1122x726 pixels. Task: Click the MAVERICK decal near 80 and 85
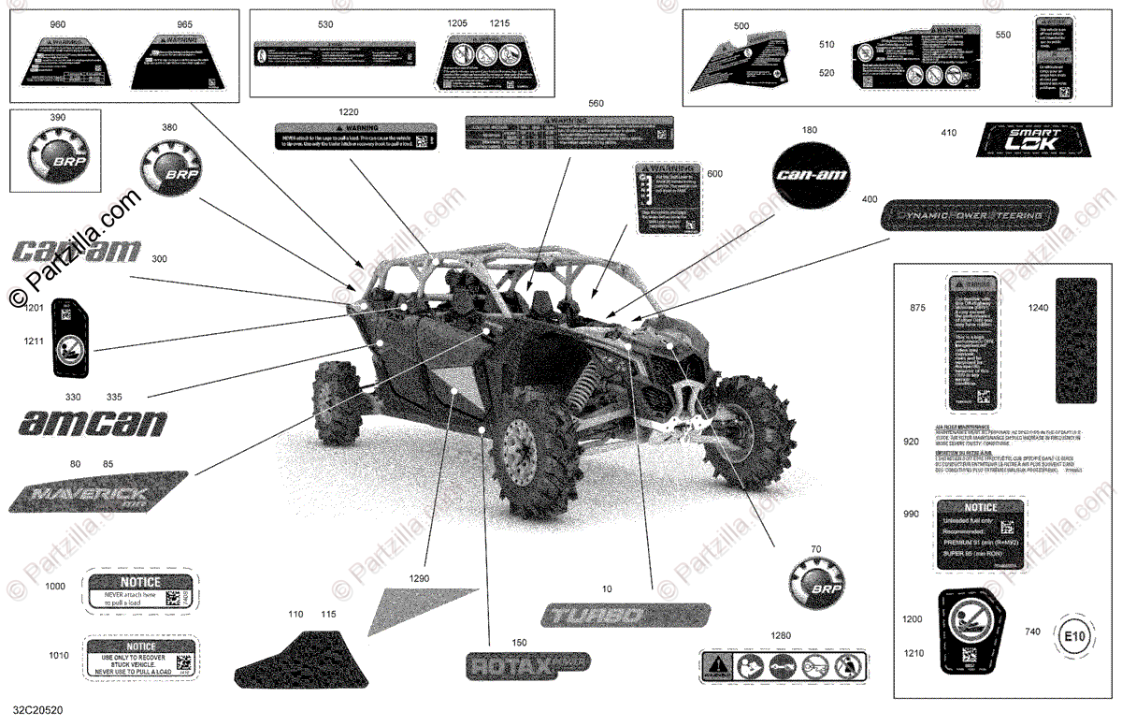point(98,492)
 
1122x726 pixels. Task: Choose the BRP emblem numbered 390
point(62,153)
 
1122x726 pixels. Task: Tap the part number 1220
point(349,111)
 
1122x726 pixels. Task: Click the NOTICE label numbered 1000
point(140,589)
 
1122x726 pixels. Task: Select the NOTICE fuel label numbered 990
point(977,533)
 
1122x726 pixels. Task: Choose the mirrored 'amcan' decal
point(93,424)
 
